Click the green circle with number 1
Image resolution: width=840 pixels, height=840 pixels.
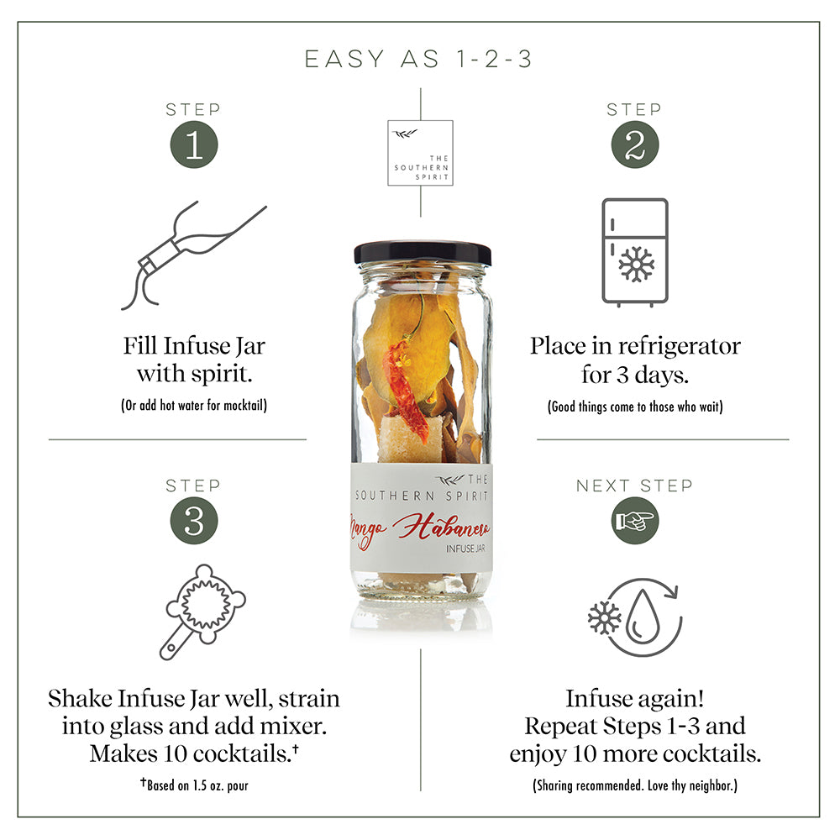194,144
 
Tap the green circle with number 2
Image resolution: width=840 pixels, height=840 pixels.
635,144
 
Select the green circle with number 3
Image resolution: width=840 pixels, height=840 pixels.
194,521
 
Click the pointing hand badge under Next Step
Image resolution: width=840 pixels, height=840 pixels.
635,521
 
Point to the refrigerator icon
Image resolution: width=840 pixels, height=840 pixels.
635,252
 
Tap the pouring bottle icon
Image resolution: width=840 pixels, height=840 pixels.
193,255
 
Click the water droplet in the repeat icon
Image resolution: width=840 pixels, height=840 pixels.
643,617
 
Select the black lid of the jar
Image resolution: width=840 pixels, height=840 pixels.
423,253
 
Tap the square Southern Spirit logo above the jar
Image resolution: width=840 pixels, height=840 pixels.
421,153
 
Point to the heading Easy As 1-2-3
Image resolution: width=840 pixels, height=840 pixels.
418,59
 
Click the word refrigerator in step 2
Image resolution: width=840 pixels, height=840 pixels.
680,346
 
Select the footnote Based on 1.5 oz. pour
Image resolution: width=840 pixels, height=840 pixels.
195,785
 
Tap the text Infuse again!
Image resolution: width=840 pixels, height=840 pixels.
635,698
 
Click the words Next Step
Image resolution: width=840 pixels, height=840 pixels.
635,486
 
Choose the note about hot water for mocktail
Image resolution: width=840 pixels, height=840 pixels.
194,405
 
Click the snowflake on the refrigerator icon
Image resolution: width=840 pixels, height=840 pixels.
637,264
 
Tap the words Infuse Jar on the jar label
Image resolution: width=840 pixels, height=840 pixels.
465,549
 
